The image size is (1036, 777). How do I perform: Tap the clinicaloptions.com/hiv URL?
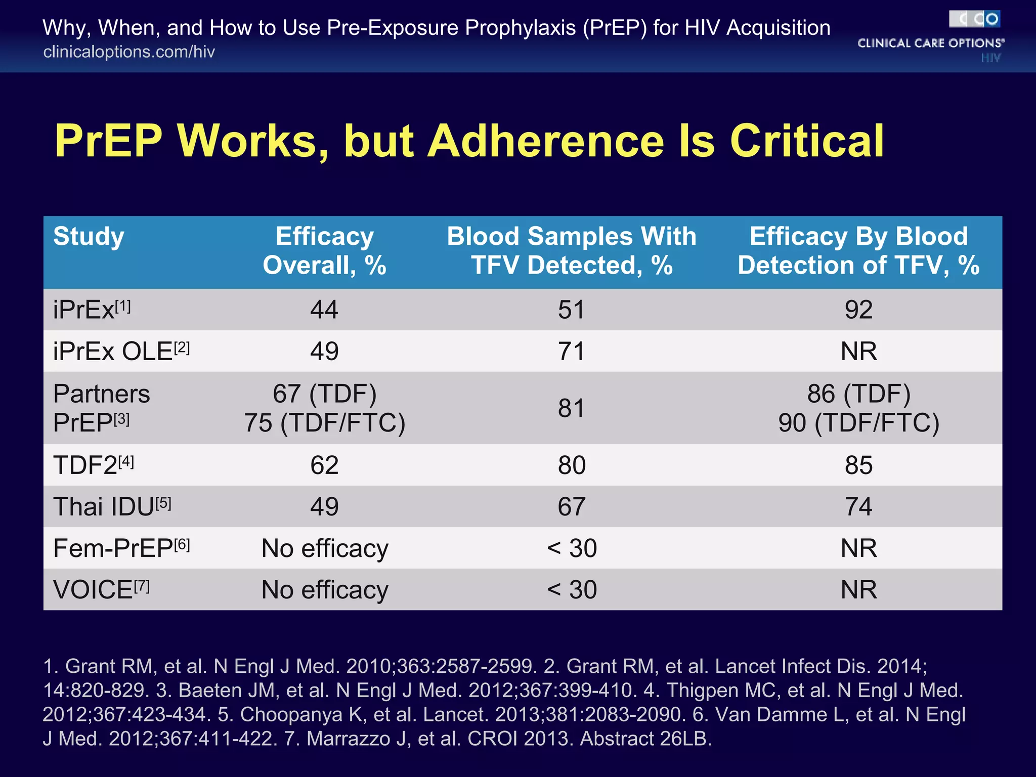[x=129, y=52]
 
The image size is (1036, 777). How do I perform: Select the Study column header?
[x=89, y=237]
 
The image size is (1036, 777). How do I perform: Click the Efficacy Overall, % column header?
[x=324, y=251]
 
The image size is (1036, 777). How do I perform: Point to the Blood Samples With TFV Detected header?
[x=572, y=251]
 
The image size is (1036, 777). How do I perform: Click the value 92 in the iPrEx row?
[x=858, y=310]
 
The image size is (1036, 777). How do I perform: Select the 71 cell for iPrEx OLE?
[x=572, y=351]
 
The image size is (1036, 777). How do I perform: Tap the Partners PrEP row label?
[x=101, y=408]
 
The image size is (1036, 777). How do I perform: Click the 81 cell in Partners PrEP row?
[x=572, y=408]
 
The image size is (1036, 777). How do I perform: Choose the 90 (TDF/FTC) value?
[x=858, y=423]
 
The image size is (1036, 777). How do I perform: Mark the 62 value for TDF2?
[x=324, y=465]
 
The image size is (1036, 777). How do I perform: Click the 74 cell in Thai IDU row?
[x=858, y=506]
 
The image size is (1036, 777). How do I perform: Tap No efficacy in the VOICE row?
[x=324, y=590]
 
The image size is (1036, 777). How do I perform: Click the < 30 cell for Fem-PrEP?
[x=572, y=548]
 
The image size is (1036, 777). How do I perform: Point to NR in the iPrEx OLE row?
[x=858, y=351]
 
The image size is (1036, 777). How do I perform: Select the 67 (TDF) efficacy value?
[x=324, y=394]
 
